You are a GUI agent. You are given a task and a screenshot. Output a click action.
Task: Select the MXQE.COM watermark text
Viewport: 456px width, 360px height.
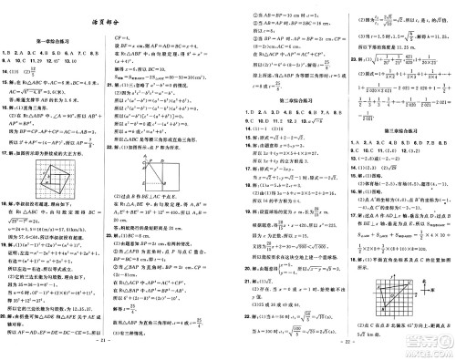[421, 351]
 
